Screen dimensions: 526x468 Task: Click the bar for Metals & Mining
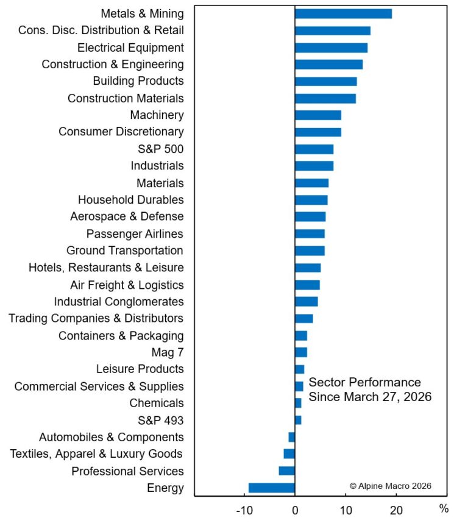pos(343,13)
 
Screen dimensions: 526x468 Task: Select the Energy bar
pos(272,488)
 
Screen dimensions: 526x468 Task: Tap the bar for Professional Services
pos(287,471)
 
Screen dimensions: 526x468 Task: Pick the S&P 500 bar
pos(314,149)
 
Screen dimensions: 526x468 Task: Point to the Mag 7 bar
pos(301,352)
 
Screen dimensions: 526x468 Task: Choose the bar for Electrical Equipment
pos(331,48)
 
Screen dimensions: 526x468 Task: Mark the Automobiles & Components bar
pos(292,436)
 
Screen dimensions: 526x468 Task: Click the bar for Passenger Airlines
pos(310,233)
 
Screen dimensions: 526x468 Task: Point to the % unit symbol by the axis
pos(444,508)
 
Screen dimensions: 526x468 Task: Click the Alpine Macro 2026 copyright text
pos(391,486)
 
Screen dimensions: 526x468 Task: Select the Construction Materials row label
pos(126,98)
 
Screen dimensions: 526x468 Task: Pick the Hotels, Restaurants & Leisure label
pos(106,267)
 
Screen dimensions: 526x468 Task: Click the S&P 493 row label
pos(161,420)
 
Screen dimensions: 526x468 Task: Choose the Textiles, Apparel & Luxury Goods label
pos(96,453)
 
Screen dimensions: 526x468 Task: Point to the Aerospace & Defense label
pos(127,216)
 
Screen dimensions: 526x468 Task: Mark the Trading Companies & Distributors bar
pos(304,318)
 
